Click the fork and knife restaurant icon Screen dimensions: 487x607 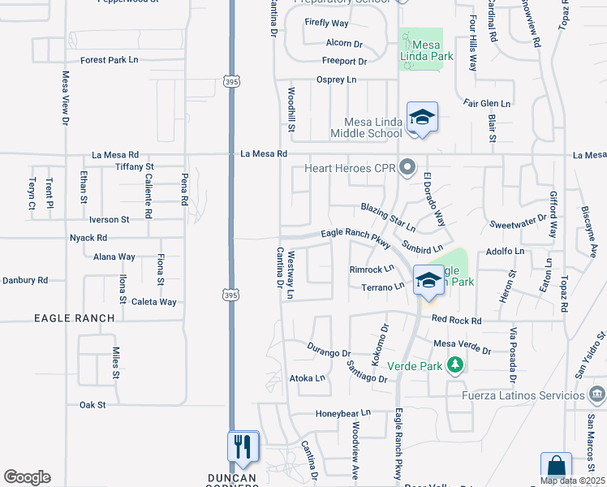(x=243, y=446)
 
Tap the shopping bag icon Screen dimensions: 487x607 (x=556, y=468)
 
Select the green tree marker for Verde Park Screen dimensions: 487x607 (x=455, y=365)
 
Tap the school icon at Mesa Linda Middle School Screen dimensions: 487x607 (x=422, y=119)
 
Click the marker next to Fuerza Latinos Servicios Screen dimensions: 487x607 (x=597, y=395)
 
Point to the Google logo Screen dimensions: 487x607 (x=27, y=477)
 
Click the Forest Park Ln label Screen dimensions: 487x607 (x=110, y=60)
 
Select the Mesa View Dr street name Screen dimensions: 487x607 (x=66, y=98)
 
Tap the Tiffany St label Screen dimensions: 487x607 (x=135, y=166)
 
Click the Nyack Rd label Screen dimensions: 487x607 (x=88, y=238)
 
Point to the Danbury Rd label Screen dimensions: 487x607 (x=25, y=280)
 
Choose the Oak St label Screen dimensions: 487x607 (x=93, y=404)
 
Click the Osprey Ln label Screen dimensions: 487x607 (x=336, y=80)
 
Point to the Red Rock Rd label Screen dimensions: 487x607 (x=457, y=320)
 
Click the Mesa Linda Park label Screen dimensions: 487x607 (x=420, y=52)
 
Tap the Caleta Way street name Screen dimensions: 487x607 (x=153, y=302)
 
